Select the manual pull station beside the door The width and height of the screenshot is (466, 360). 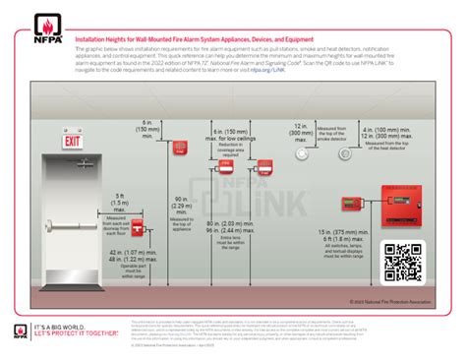139,229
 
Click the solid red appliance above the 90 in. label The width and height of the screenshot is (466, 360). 179,149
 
